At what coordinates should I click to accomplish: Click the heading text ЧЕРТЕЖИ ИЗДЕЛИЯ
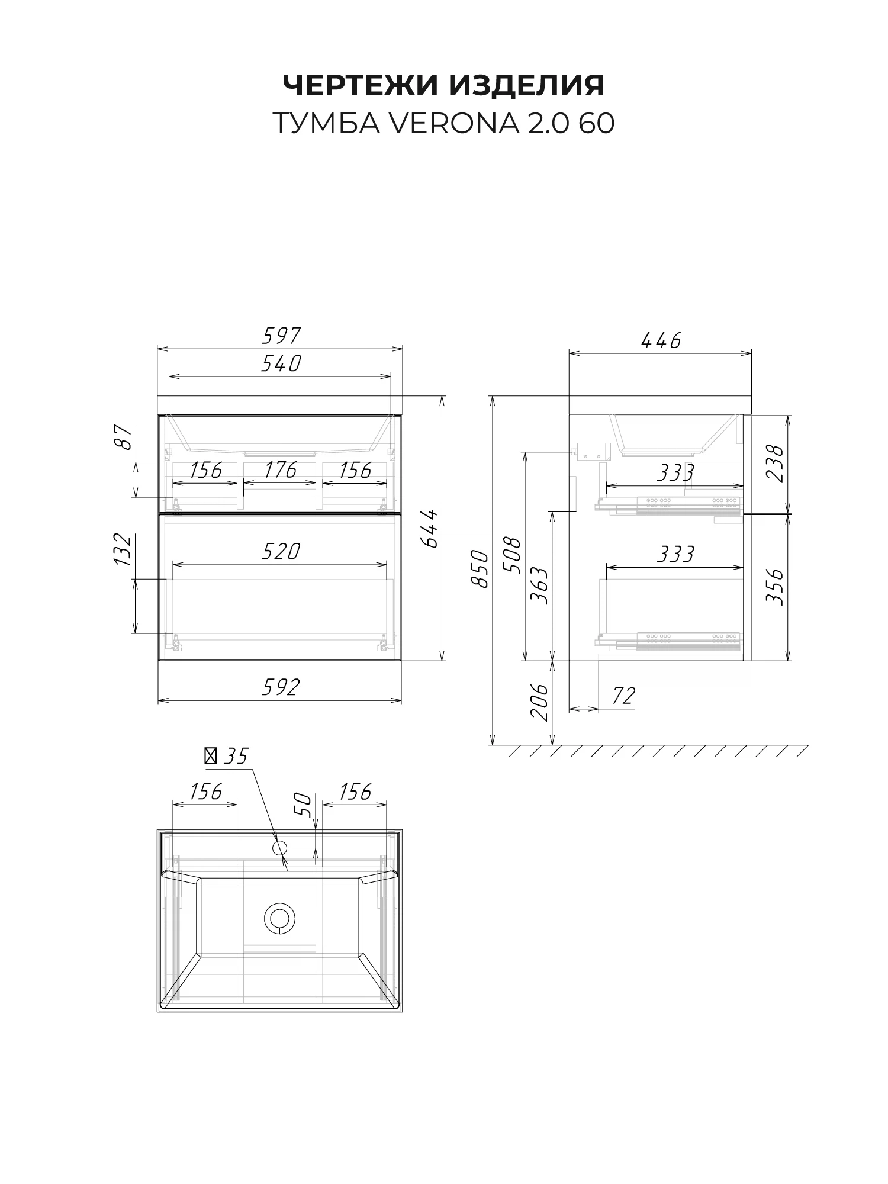point(443,85)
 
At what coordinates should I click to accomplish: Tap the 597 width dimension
point(281,336)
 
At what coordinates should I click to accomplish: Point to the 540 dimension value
point(281,363)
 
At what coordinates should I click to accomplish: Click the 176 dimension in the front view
point(280,470)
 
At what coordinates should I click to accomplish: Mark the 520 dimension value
point(281,552)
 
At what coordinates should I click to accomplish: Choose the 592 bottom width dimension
point(281,687)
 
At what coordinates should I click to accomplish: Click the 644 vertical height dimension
point(430,528)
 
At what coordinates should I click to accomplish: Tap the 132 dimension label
point(123,549)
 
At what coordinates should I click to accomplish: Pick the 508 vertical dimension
point(511,555)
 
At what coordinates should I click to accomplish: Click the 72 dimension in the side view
point(623,696)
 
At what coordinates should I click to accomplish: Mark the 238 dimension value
point(775,463)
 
